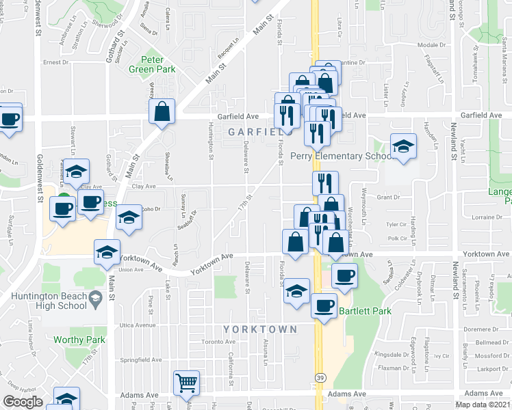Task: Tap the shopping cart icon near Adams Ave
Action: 186,383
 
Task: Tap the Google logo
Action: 23,402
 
